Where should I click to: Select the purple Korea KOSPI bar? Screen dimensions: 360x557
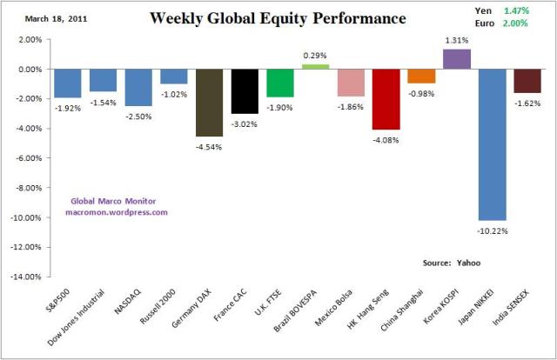pyautogui.click(x=456, y=59)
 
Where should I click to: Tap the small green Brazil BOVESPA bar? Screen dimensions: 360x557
pyautogui.click(x=314, y=66)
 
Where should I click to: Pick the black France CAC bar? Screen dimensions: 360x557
pyautogui.click(x=245, y=91)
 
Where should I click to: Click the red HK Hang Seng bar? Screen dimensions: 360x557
pyautogui.click(x=385, y=99)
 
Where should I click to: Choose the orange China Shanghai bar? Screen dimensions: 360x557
pyautogui.click(x=420, y=77)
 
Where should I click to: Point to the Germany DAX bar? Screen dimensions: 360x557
pyautogui.click(x=209, y=103)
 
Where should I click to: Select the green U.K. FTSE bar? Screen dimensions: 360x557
pyautogui.click(x=279, y=83)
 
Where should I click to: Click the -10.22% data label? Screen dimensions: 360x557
pyautogui.click(x=492, y=230)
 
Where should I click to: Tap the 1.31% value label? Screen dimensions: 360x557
pyautogui.click(x=456, y=40)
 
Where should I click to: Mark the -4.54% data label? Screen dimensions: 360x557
pyautogui.click(x=209, y=146)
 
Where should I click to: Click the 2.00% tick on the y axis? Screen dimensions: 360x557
pyautogui.click(x=29, y=40)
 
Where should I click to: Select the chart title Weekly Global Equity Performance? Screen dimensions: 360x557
pyautogui.click(x=277, y=17)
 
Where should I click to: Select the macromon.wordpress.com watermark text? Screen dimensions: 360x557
pyautogui.click(x=117, y=211)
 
